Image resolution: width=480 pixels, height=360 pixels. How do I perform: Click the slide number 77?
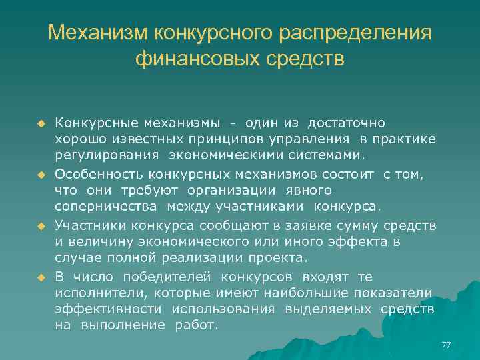446,345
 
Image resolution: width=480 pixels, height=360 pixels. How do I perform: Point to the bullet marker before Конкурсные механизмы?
41,124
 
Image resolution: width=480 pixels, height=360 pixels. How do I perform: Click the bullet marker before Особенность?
41,175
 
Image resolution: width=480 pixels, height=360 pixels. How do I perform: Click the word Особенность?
99,174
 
